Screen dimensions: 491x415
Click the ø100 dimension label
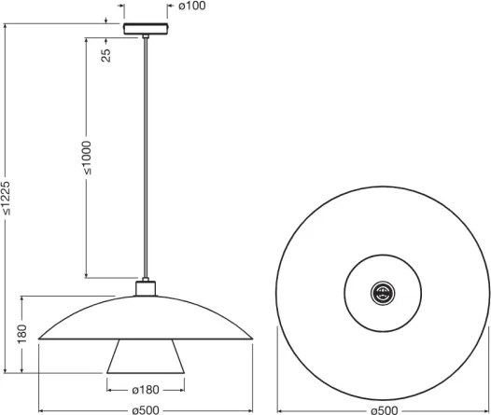tap(192, 6)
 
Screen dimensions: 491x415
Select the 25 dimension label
tap(106, 55)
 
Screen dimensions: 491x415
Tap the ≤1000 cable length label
tap(87, 158)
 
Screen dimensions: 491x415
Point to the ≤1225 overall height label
tap(6, 199)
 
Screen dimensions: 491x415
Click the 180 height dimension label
tap(22, 334)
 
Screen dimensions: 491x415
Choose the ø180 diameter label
tap(146, 390)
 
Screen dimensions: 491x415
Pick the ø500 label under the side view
tap(146, 410)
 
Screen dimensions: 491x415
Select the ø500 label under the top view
tap(385, 410)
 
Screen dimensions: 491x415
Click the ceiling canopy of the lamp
tap(146, 29)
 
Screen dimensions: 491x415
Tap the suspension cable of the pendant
tap(146, 158)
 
